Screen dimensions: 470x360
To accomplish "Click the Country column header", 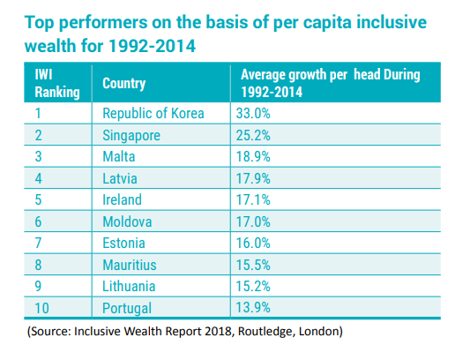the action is [123, 83].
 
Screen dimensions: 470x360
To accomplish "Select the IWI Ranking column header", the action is [57, 83].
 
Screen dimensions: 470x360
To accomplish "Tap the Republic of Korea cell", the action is [153, 114].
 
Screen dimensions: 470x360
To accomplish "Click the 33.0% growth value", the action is [253, 114].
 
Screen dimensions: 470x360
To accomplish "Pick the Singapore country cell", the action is [131, 135].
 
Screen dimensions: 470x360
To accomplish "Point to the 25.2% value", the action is [253, 135].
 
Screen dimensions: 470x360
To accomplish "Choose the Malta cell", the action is [119, 156].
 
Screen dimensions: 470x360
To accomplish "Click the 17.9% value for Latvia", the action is [253, 178].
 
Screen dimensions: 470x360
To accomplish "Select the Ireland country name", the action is [122, 199].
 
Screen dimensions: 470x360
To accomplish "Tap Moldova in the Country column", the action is [127, 221].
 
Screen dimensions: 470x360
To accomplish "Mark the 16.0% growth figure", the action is [253, 243].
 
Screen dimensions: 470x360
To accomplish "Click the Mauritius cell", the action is [130, 265].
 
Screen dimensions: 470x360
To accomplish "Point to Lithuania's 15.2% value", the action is [253, 286].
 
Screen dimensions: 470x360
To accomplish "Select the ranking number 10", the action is [41, 308].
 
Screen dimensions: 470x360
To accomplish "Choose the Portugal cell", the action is [127, 309].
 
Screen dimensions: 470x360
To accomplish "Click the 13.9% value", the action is [253, 308].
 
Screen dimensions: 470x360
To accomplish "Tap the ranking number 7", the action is [38, 243].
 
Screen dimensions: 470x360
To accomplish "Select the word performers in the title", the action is [103, 23].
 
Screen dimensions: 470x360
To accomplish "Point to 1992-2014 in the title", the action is [152, 46].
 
